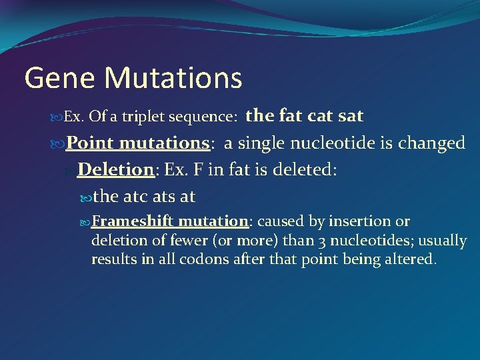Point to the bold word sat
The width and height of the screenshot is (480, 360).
(x=351, y=116)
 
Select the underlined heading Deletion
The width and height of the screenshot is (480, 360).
(x=115, y=169)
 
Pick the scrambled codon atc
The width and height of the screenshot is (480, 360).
(x=136, y=197)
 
